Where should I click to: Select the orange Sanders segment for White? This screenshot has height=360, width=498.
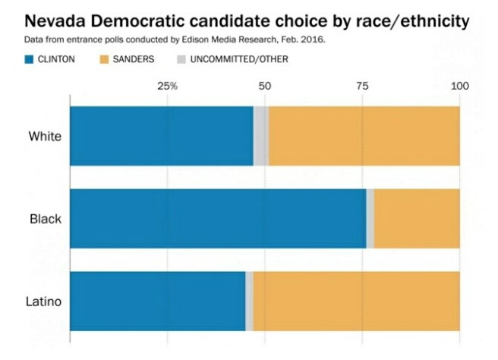[364, 136]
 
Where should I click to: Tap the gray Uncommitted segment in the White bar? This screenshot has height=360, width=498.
[260, 136]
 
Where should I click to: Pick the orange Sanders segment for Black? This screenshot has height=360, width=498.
[417, 219]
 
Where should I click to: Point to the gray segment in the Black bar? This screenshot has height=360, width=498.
[370, 219]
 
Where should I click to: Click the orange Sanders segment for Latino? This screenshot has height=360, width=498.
[356, 301]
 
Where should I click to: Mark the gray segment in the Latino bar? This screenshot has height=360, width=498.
[249, 301]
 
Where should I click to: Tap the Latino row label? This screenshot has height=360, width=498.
[44, 302]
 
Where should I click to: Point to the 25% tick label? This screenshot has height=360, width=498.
[167, 86]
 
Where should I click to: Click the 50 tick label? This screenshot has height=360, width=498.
[264, 86]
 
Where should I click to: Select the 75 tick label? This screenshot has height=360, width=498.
[362, 86]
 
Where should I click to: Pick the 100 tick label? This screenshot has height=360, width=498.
[460, 86]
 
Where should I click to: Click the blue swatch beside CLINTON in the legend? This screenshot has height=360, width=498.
[30, 59]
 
